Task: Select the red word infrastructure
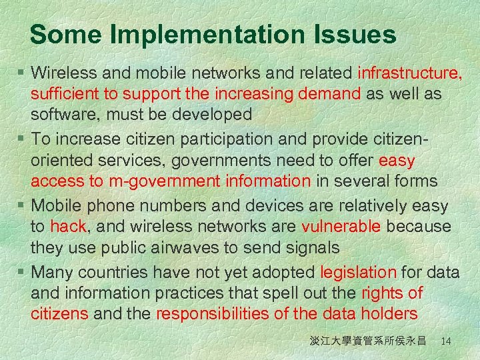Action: point(410,72)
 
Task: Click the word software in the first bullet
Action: point(63,115)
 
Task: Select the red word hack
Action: point(68,227)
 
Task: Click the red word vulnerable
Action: point(341,227)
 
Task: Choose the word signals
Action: point(313,248)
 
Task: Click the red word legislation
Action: point(358,272)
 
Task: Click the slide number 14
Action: point(446,341)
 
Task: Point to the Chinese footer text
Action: point(367,341)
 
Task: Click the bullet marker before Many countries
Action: point(23,272)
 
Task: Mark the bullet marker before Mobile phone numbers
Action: point(23,205)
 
